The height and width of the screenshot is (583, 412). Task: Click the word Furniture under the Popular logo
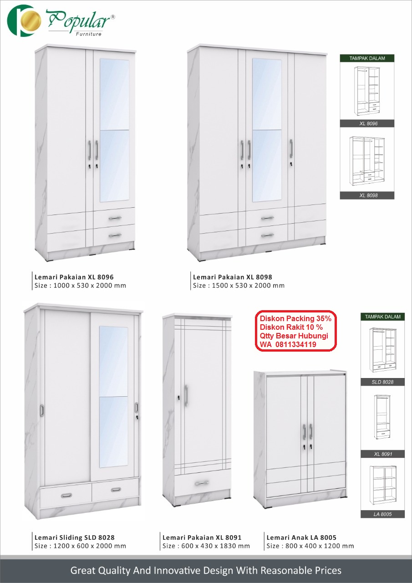pyautogui.click(x=89, y=34)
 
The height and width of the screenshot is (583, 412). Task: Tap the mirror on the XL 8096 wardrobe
pyautogui.click(x=114, y=130)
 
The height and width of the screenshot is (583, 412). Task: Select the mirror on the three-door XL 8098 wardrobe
pyautogui.click(x=267, y=130)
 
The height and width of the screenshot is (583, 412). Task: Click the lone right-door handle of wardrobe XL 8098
pyautogui.click(x=291, y=148)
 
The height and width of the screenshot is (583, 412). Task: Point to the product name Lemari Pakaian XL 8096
pyautogui.click(x=74, y=277)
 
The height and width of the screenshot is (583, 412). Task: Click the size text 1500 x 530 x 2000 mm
pyautogui.click(x=248, y=286)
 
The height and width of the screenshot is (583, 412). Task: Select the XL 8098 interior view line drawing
pyautogui.click(x=367, y=161)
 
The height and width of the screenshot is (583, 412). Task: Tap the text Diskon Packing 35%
pyautogui.click(x=295, y=318)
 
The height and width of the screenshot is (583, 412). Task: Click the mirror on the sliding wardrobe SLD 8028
pyautogui.click(x=113, y=396)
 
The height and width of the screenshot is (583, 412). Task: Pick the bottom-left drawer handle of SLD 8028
pyautogui.click(x=66, y=495)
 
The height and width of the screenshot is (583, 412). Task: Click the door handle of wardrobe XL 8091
pyautogui.click(x=186, y=395)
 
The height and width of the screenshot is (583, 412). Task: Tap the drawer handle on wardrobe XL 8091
pyautogui.click(x=202, y=483)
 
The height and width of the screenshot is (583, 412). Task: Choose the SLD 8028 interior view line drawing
pyautogui.click(x=383, y=349)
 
